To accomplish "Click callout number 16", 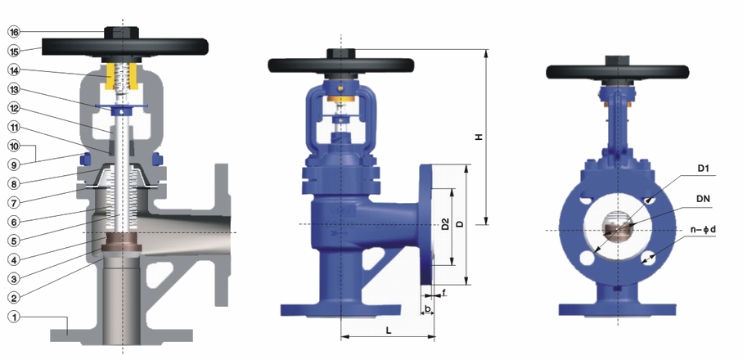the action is [14, 32].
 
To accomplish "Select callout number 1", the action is [14, 317].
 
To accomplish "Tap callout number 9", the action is [14, 164].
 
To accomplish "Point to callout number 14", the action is [14, 70].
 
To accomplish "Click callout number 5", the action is [14, 241].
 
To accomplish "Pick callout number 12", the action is [14, 108].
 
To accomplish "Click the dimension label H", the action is [479, 137].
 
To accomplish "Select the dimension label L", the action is [389, 331].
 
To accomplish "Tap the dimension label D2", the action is [445, 223].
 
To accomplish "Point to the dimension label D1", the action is [704, 169].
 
